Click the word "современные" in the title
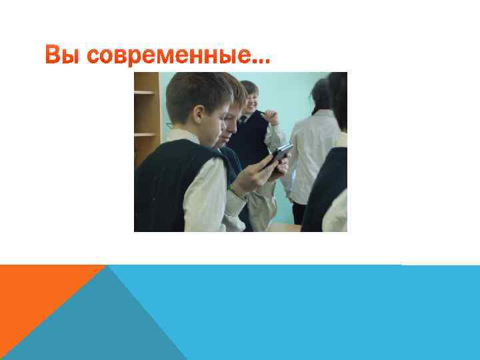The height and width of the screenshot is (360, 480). [167, 58]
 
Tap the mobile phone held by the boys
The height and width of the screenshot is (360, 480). [279, 154]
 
